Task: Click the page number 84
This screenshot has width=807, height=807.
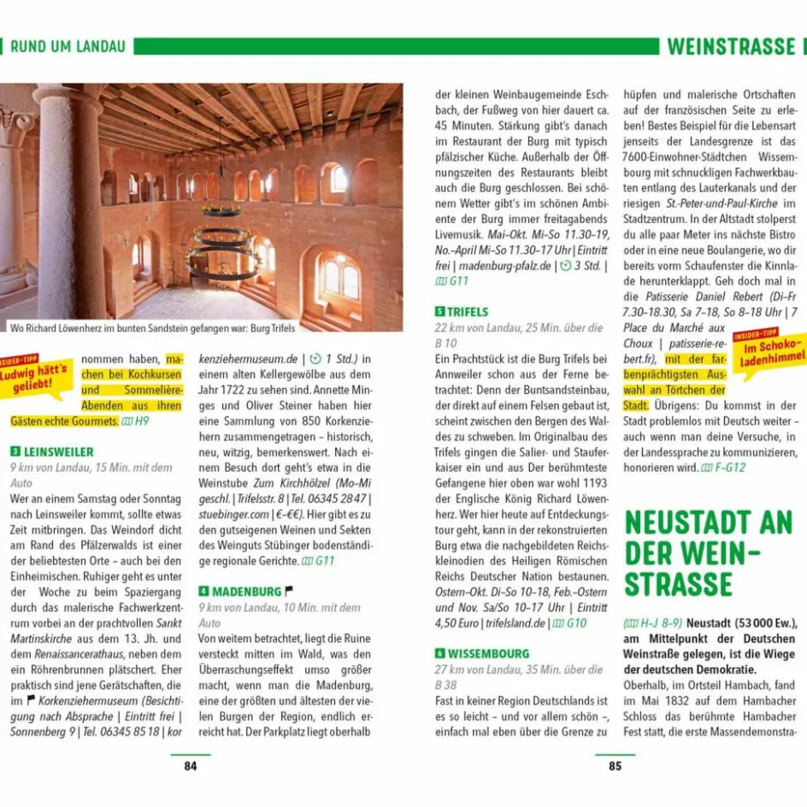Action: pyautogui.click(x=190, y=766)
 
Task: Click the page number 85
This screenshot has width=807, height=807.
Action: pyautogui.click(x=615, y=766)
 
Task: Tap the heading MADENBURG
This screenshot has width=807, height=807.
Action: pyautogui.click(x=246, y=592)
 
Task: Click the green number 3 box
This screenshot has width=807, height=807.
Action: pyautogui.click(x=15, y=451)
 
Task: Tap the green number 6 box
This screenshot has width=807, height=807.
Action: pyautogui.click(x=439, y=654)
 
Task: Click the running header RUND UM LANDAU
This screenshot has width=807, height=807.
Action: pyautogui.click(x=68, y=46)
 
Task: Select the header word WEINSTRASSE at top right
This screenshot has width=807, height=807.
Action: pyautogui.click(x=731, y=46)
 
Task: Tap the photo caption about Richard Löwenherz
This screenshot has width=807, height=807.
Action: pyautogui.click(x=152, y=327)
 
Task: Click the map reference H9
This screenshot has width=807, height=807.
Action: pyautogui.click(x=136, y=421)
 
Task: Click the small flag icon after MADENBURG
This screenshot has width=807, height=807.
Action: pyautogui.click(x=289, y=591)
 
